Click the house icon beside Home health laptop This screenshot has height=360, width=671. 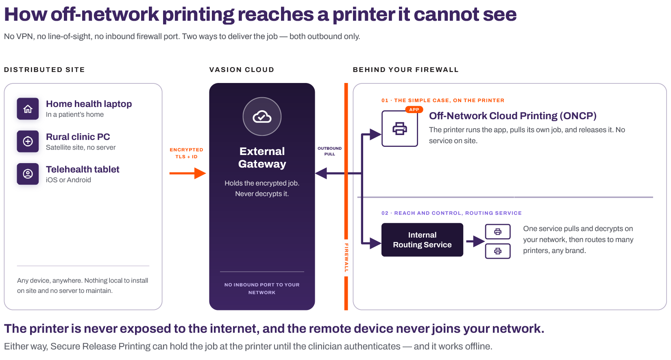click(x=28, y=109)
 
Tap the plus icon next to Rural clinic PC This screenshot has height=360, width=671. click(x=28, y=142)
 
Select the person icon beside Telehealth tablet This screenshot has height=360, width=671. click(x=28, y=174)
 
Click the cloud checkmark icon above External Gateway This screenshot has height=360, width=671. click(x=262, y=117)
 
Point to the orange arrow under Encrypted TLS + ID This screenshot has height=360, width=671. click(x=188, y=173)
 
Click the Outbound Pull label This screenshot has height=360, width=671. click(x=329, y=151)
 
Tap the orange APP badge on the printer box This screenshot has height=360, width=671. click(x=414, y=110)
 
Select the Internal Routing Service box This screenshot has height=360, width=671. click(x=422, y=240)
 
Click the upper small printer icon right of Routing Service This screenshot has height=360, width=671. click(x=498, y=232)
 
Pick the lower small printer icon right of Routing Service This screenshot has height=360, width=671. click(x=498, y=251)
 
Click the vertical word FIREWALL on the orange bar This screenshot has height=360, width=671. click(x=346, y=258)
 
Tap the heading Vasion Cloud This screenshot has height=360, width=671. click(x=242, y=70)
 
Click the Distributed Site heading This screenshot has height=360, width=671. click(x=44, y=70)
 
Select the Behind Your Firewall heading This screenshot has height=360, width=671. click(x=405, y=70)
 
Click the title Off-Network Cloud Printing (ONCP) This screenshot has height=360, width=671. click(x=512, y=116)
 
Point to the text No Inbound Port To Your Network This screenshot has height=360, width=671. click(x=262, y=289)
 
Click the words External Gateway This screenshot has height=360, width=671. click(x=262, y=158)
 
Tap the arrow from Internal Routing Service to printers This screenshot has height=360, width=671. click(x=475, y=241)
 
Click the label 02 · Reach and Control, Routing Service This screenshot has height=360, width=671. click(x=451, y=213)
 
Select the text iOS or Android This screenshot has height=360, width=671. click(x=68, y=180)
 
